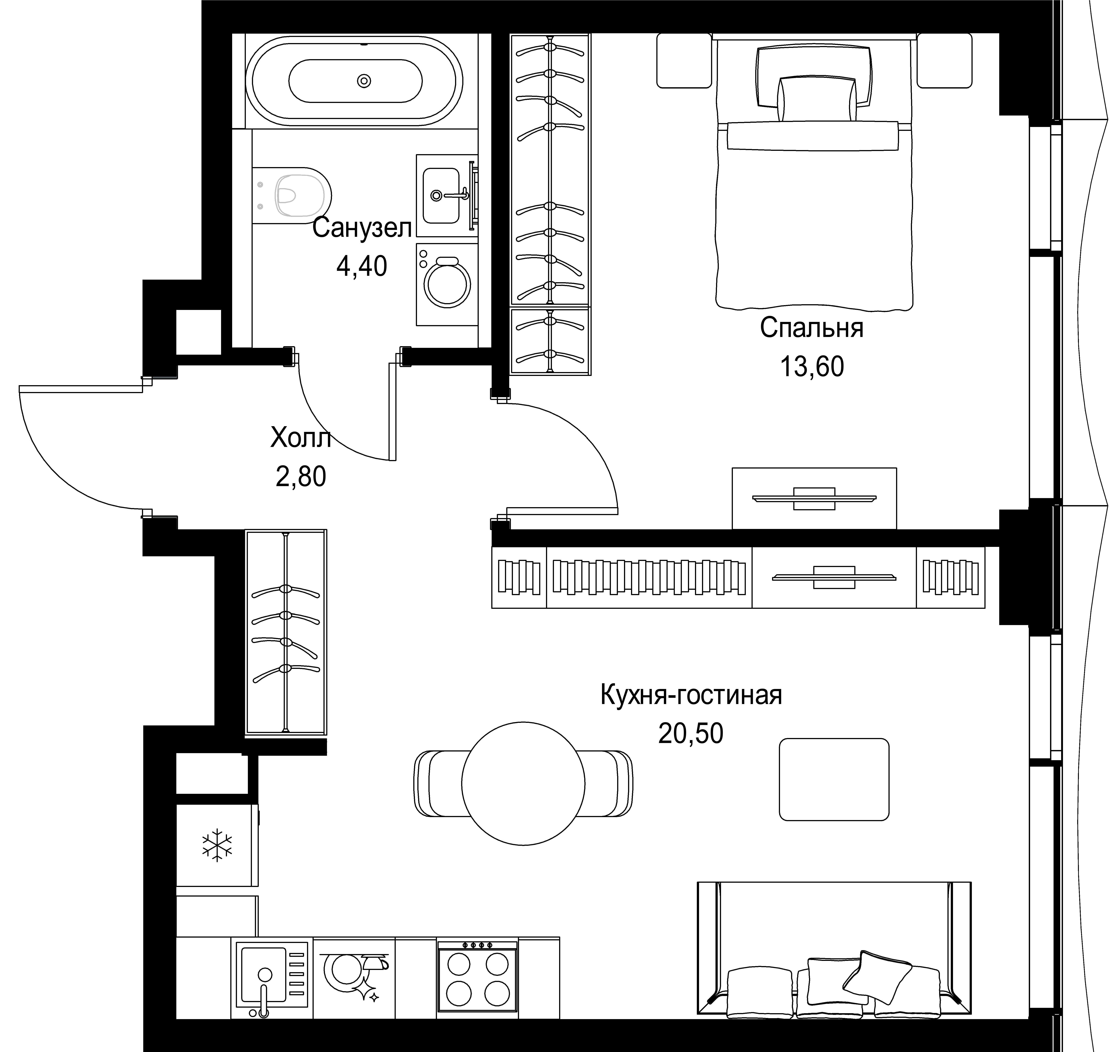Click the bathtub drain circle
coord(364,81)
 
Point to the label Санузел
coord(362,228)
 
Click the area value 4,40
coord(362,266)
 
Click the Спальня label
coord(811,328)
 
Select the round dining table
coord(523,783)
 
